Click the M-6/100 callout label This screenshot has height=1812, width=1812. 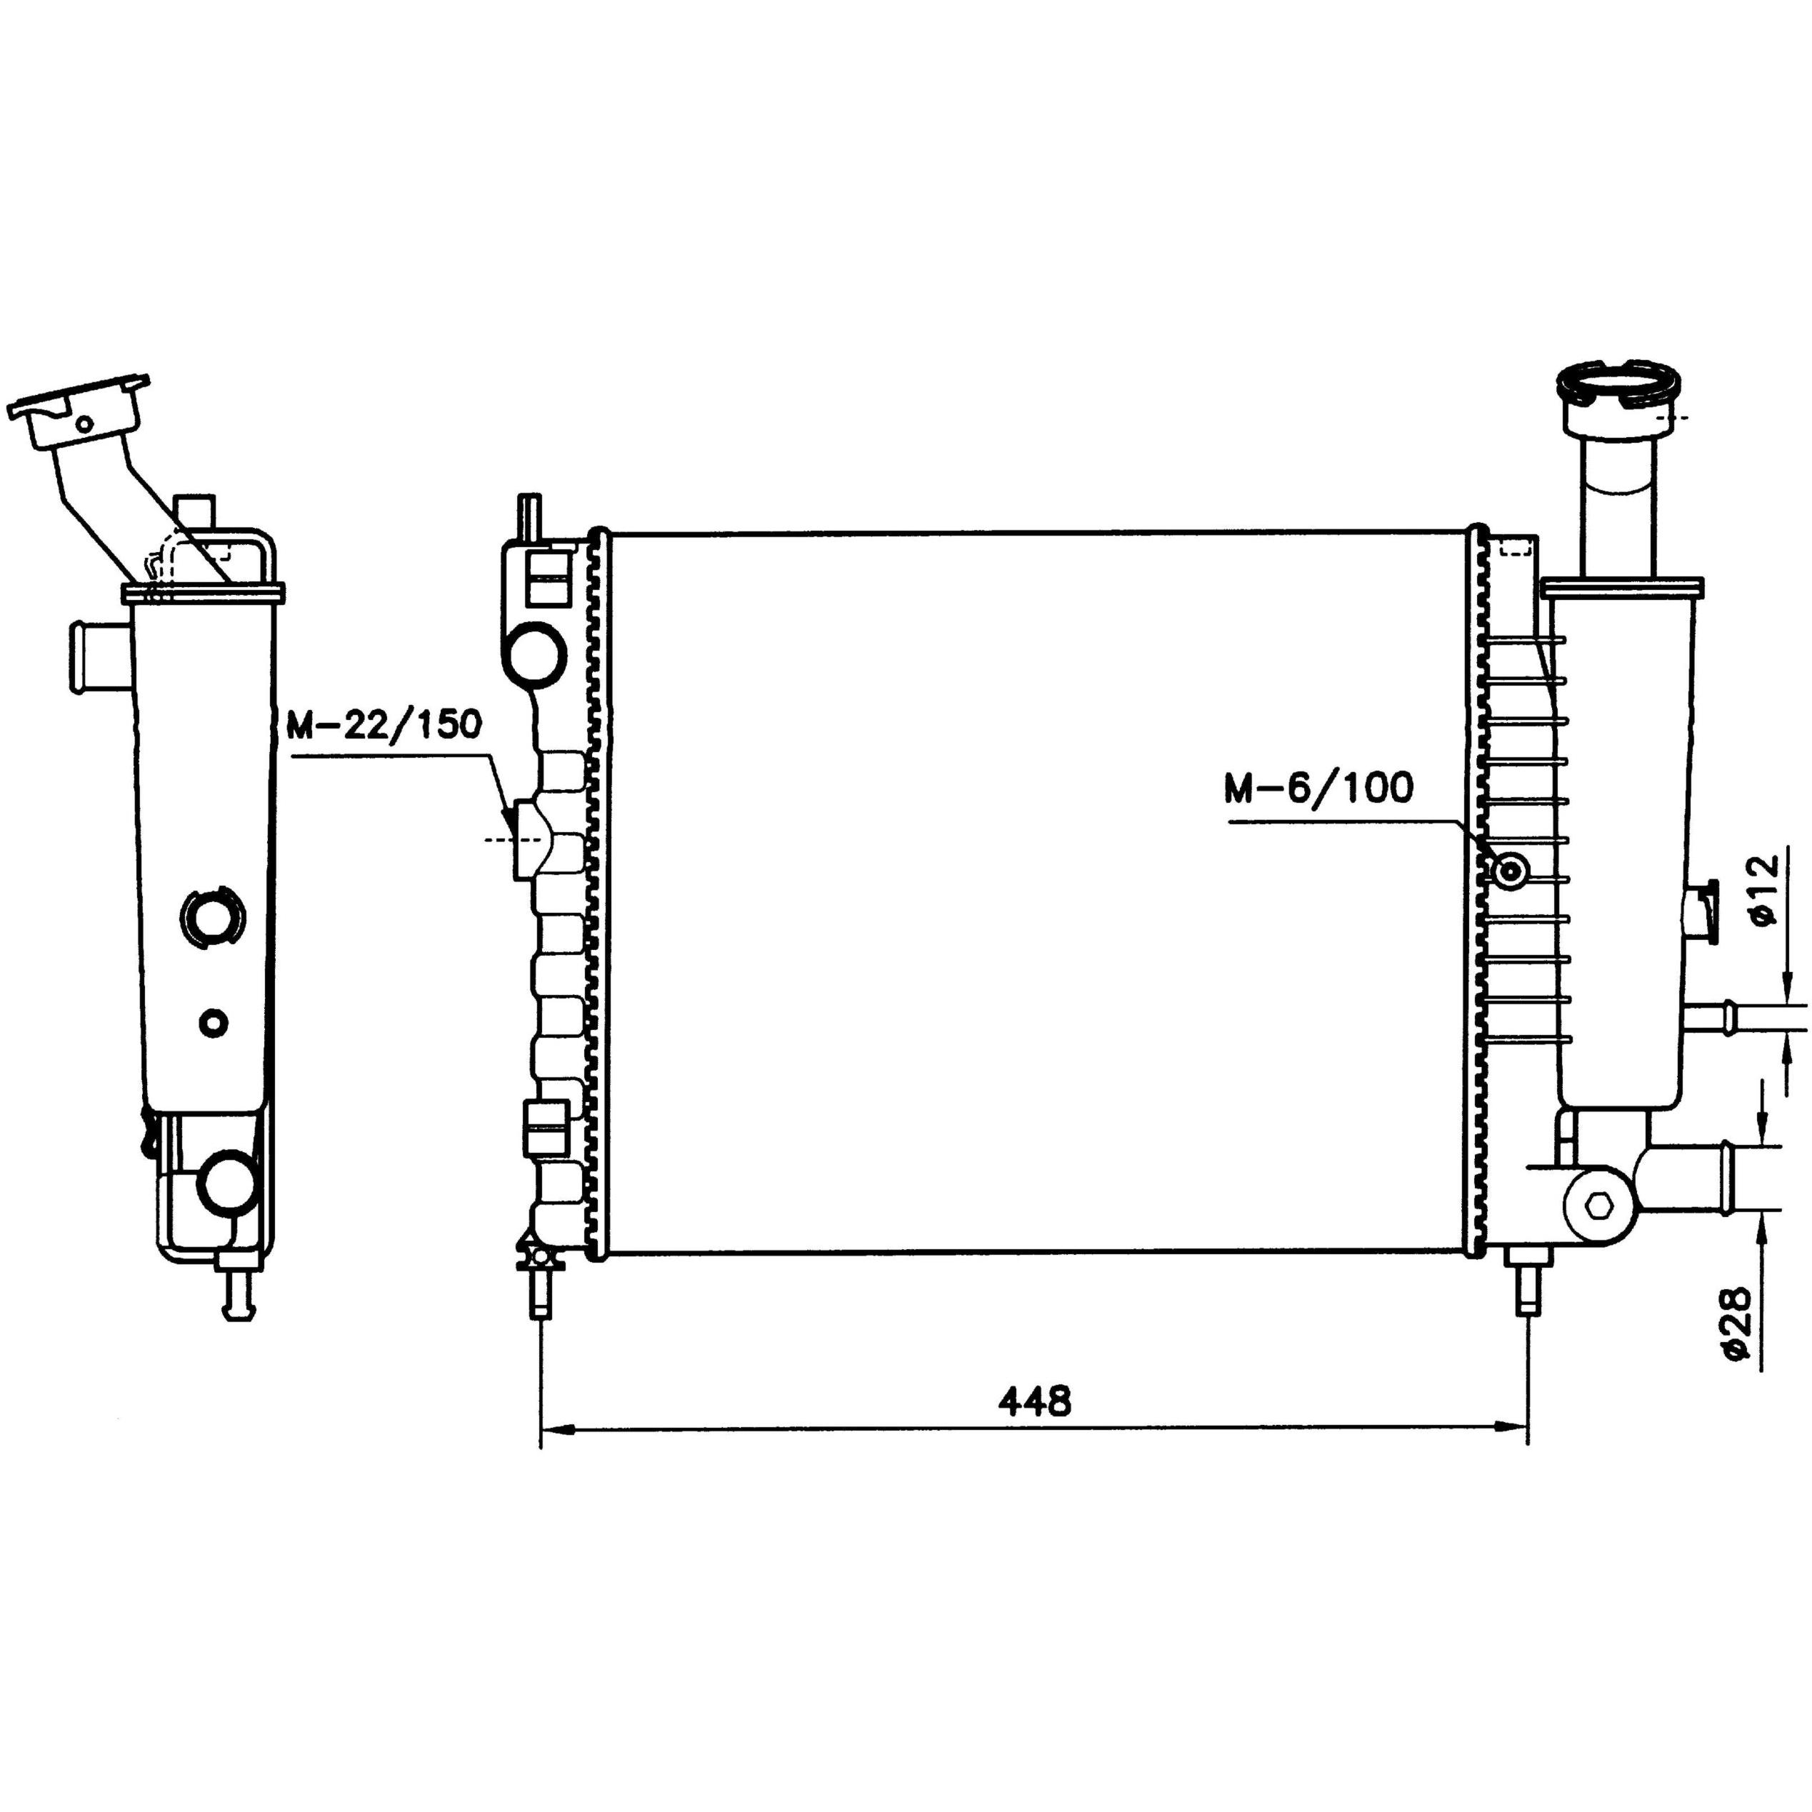pos(1318,788)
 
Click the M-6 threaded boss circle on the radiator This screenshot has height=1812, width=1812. pos(1511,872)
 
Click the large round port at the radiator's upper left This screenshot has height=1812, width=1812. pos(536,652)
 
